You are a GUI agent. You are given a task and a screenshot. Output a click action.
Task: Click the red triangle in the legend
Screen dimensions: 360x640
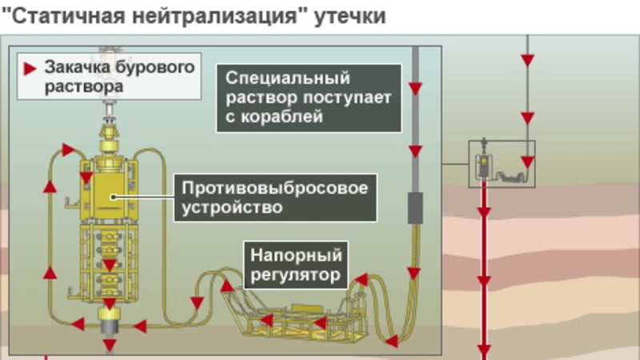pyautogui.click(x=30, y=69)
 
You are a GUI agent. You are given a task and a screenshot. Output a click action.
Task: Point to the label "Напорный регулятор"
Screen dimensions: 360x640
pyautogui.click(x=297, y=266)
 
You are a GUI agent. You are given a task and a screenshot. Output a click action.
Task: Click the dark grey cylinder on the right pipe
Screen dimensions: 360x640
pyautogui.click(x=415, y=208)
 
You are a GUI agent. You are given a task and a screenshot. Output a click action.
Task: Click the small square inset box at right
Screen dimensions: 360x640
pyautogui.click(x=501, y=164)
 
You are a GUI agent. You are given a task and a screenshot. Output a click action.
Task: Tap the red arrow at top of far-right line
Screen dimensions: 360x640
pyautogui.click(x=526, y=60)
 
